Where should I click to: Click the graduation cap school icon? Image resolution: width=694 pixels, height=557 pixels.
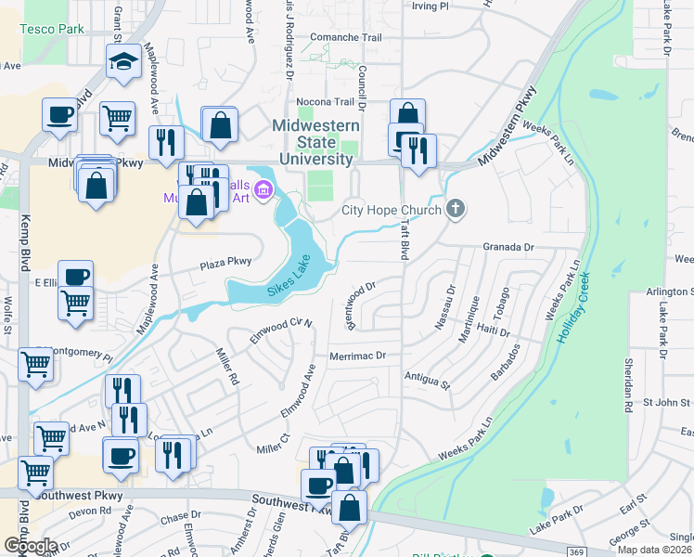click(124, 61)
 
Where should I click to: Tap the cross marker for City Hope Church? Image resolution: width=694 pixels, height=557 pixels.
click(455, 209)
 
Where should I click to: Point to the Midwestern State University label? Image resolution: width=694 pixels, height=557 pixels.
click(312, 143)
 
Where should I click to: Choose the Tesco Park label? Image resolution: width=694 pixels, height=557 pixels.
click(51, 29)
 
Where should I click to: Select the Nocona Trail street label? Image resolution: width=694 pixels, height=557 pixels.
click(326, 102)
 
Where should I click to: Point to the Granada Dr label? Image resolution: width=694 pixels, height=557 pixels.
click(509, 248)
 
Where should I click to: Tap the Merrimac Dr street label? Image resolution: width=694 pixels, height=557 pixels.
click(357, 356)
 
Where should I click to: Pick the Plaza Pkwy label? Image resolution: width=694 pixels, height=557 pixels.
click(226, 265)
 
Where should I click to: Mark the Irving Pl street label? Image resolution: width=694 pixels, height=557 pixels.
click(430, 6)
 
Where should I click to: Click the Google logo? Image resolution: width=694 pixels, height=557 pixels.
click(30, 545)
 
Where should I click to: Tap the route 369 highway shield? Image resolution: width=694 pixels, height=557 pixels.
click(576, 553)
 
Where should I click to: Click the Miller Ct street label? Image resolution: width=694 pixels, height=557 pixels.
click(274, 444)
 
